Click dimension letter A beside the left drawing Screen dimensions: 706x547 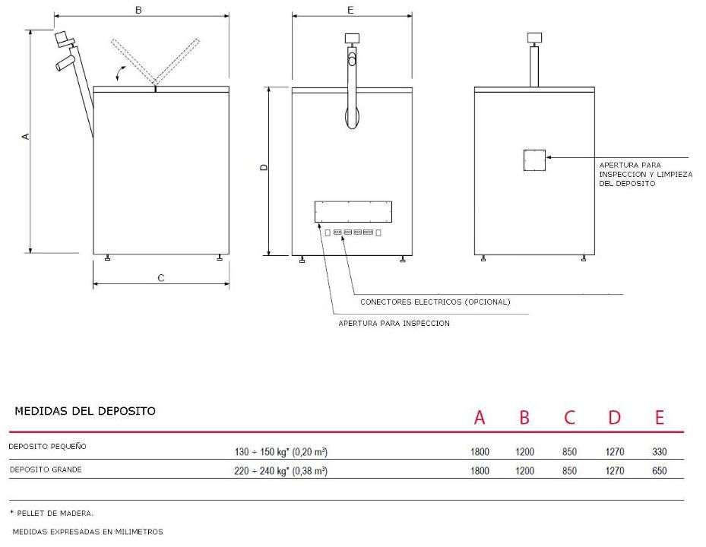point(26,136)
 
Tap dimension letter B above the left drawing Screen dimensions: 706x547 point(138,10)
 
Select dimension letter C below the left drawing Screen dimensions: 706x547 point(161,278)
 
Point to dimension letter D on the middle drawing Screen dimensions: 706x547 point(264,167)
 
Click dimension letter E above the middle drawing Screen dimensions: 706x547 point(351,10)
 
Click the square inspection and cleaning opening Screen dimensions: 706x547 point(534,160)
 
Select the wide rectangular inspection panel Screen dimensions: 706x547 point(353,212)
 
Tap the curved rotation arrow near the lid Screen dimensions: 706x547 point(120,73)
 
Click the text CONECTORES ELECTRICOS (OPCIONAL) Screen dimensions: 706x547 point(435,302)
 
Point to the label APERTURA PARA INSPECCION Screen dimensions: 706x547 point(394,323)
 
